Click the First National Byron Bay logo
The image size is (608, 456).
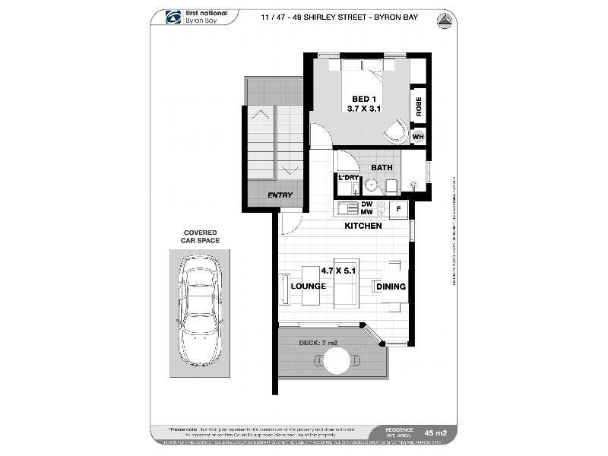pos(193,17)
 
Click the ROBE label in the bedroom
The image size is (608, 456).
pos(418,107)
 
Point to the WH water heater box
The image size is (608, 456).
pos(418,137)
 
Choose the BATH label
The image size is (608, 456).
pos(382,167)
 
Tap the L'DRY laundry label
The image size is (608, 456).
pos(348,178)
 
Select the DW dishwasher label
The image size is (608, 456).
pos(366,204)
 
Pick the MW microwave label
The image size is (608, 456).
pos(366,212)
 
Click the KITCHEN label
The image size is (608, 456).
pos(363,226)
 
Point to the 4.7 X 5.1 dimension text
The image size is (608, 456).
pos(338,271)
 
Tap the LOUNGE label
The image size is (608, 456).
pos(308,287)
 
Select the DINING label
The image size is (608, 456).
pos(389,287)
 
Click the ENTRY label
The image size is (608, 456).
pos(280,195)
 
